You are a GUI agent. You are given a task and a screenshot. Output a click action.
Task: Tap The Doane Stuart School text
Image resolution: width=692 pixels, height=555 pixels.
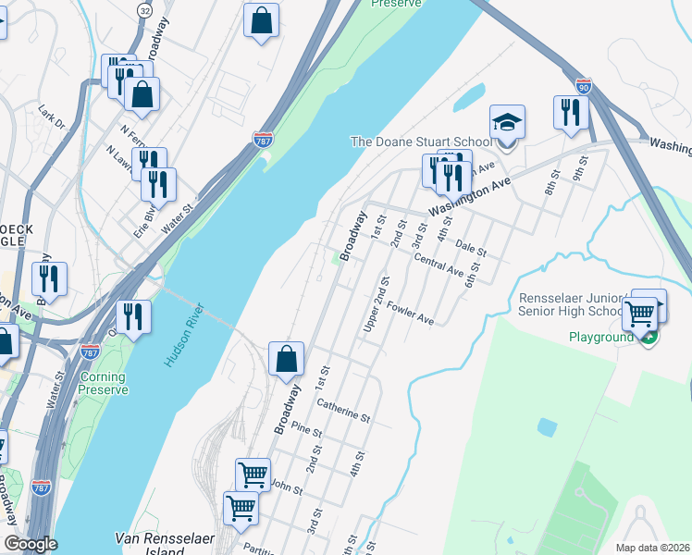420,142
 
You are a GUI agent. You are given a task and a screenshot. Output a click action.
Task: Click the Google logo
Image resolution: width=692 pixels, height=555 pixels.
31,544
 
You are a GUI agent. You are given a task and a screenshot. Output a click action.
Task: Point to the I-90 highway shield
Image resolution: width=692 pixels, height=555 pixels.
583,86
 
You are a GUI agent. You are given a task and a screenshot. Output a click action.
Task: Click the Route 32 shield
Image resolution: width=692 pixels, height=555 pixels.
144,9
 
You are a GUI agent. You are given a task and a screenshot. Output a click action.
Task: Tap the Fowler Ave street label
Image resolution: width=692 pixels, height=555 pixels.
411,314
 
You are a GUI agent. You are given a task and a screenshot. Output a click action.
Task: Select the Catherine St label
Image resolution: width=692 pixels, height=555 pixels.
343,411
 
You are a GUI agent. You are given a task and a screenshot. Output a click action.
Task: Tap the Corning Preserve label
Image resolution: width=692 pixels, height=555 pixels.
104,384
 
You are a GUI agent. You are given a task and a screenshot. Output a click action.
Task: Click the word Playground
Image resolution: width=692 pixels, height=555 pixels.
600,338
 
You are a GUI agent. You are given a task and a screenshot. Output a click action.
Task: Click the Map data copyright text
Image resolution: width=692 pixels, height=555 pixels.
653,548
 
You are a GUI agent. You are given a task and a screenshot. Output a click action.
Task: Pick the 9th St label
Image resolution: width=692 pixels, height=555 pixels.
579,172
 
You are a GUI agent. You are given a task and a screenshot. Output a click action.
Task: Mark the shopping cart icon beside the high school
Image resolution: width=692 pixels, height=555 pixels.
640,313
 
